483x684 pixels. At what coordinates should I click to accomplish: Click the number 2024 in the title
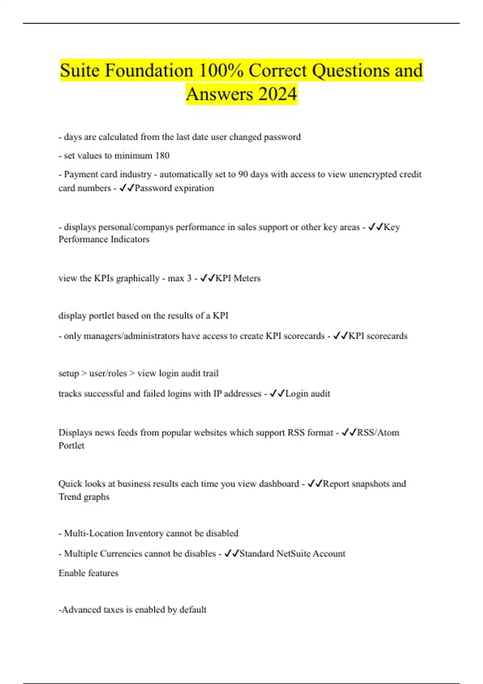click(277, 94)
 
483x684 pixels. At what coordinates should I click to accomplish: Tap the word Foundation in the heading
click(149, 70)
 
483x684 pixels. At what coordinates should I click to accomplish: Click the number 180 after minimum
click(162, 156)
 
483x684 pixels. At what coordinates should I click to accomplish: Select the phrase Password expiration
click(174, 188)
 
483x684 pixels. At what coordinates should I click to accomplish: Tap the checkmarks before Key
click(376, 227)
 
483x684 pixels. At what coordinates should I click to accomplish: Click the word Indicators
click(130, 239)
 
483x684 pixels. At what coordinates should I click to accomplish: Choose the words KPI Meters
click(238, 278)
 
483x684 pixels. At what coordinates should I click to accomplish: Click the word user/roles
click(108, 373)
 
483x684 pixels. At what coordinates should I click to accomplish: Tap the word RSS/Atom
click(378, 433)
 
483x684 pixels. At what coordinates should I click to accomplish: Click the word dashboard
click(279, 484)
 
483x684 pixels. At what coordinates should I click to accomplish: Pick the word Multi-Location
click(94, 533)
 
